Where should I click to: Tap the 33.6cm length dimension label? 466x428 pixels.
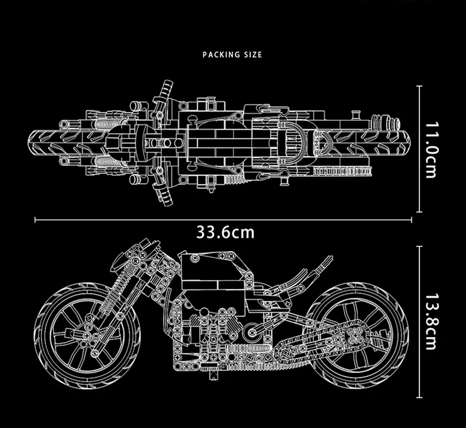226,232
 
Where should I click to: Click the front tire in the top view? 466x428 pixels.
59,142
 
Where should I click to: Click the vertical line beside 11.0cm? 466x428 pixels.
420,149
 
